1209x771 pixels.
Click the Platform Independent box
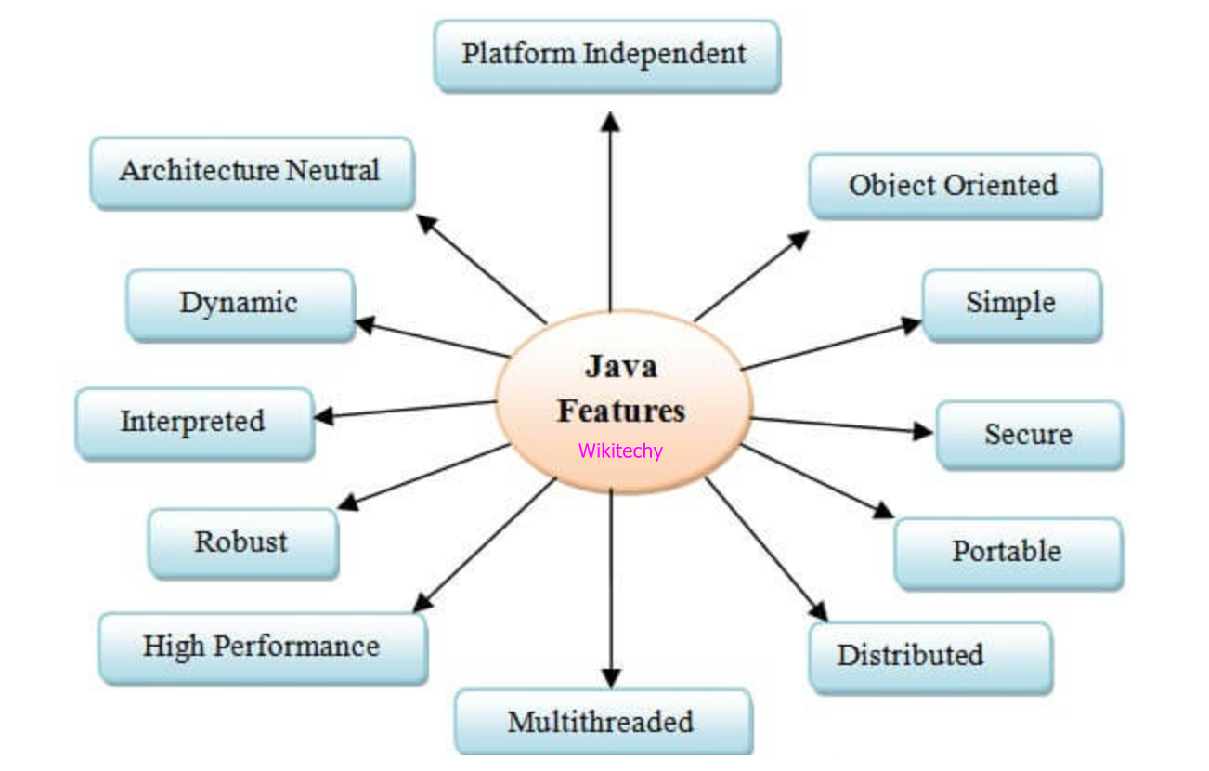coord(605,55)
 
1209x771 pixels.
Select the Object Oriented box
coord(954,186)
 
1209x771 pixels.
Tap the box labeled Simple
coord(1010,304)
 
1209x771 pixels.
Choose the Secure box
coord(1028,435)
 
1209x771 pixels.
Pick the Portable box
coord(1007,552)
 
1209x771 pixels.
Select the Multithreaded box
coord(601,722)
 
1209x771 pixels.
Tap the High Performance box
coord(262,647)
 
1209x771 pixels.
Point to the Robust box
coord(241,542)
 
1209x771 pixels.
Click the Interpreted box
coord(193,423)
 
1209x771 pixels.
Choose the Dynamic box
coord(239,304)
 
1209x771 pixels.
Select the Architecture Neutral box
coord(251,172)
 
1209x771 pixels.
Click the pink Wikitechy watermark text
coord(620,451)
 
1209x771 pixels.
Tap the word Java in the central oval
coord(621,367)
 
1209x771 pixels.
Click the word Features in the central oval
coord(621,411)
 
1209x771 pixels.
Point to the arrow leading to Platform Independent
coord(610,214)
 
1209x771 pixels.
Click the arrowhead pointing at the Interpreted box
coord(323,417)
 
